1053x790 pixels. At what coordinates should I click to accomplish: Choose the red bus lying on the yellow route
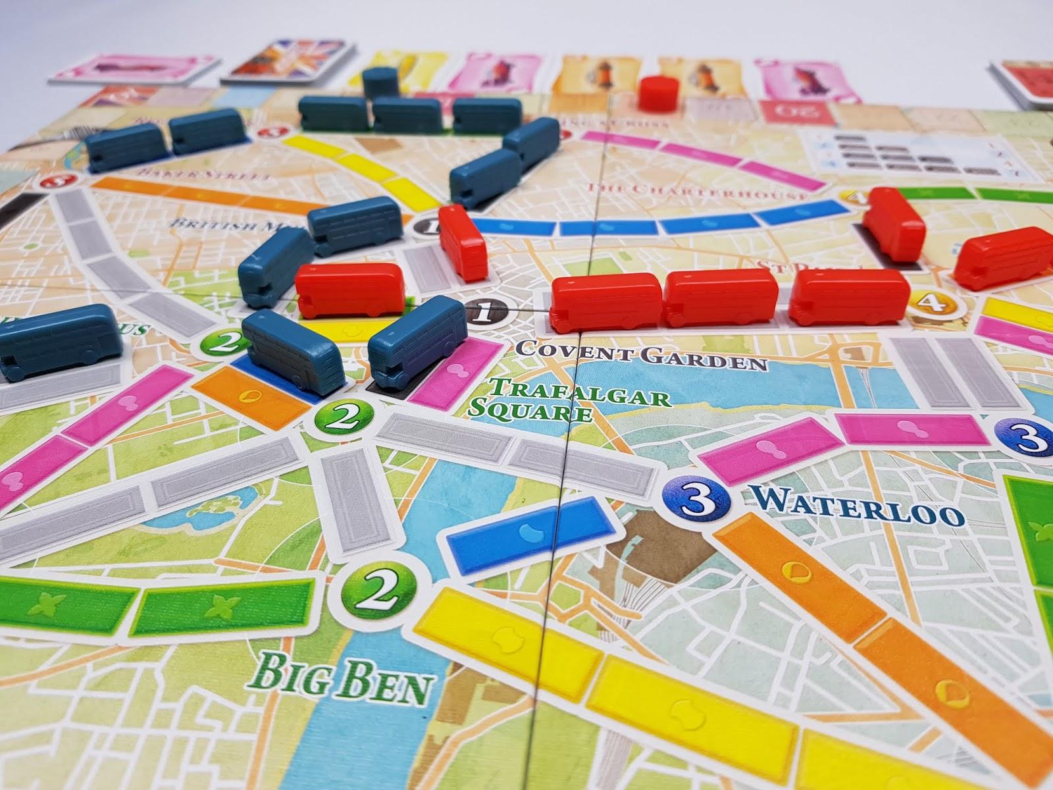click(351, 290)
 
